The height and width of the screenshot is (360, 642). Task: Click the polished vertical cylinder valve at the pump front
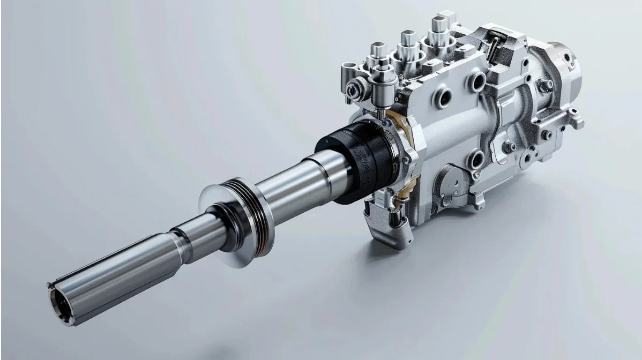pyautogui.click(x=382, y=88)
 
